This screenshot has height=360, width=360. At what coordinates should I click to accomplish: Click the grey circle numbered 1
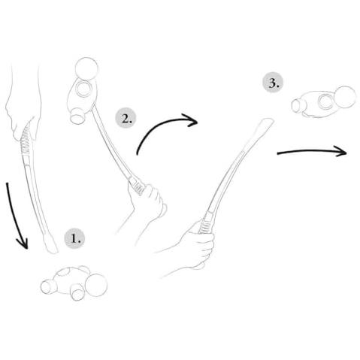(74, 238)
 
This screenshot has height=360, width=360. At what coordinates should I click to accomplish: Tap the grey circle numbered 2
(126, 118)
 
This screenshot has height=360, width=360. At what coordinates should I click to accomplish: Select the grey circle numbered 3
(273, 83)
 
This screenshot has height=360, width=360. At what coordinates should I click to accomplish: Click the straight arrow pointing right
(312, 151)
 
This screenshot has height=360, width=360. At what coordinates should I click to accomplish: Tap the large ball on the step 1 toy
(96, 285)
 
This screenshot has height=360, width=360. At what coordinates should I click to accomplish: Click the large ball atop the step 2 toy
(86, 69)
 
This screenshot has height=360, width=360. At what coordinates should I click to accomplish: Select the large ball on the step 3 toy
(345, 97)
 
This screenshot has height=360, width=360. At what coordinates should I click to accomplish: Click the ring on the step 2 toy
(83, 89)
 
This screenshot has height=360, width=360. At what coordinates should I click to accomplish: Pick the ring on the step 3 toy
(326, 101)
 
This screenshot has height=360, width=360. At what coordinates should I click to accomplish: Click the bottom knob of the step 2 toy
(77, 116)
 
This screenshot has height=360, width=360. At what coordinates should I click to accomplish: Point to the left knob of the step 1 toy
(47, 287)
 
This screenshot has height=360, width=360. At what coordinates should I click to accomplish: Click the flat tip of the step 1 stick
(51, 246)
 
